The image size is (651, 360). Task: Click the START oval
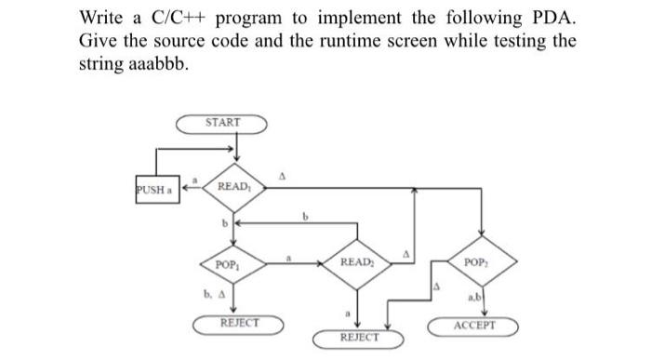click(223, 123)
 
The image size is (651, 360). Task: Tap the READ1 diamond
click(232, 187)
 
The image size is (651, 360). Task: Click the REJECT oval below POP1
click(239, 324)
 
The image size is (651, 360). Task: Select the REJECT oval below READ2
click(359, 335)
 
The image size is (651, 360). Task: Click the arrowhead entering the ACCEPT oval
click(482, 316)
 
